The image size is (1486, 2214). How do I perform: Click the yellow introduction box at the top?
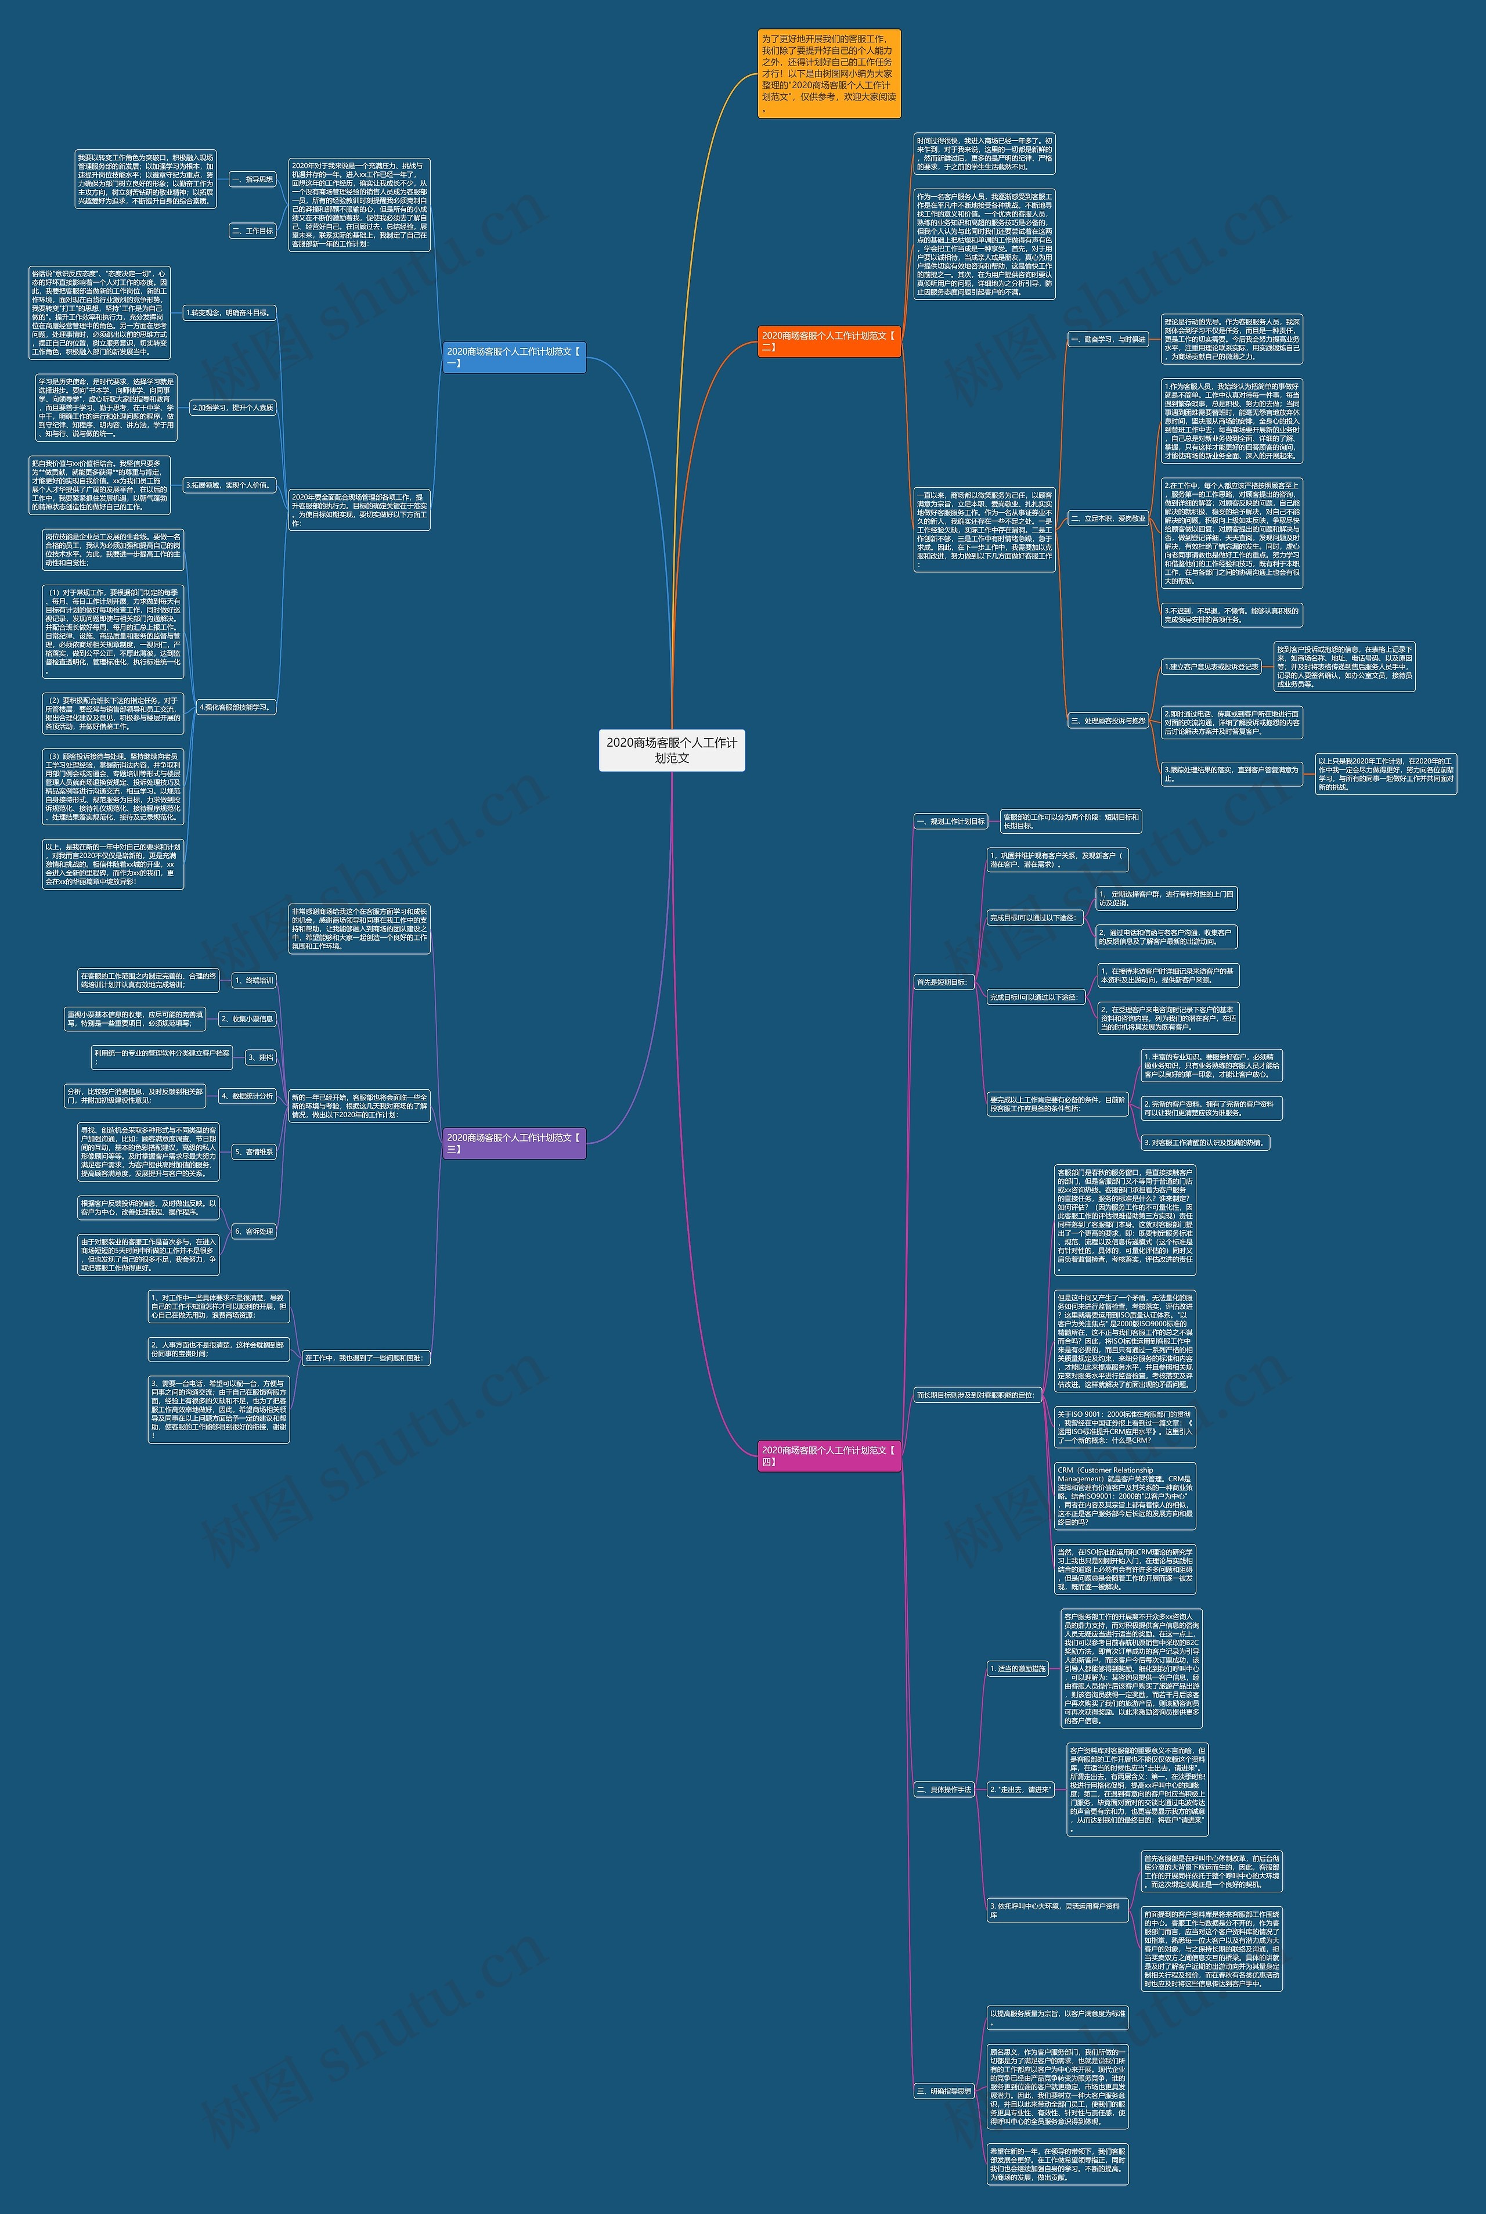pos(828,73)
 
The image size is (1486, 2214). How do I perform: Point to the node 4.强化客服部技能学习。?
pos(235,707)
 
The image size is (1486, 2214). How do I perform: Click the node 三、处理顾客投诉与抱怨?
pos(1108,721)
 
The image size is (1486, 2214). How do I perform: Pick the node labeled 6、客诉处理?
pos(253,1231)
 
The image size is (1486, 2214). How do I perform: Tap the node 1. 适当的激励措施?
pos(1018,1668)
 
